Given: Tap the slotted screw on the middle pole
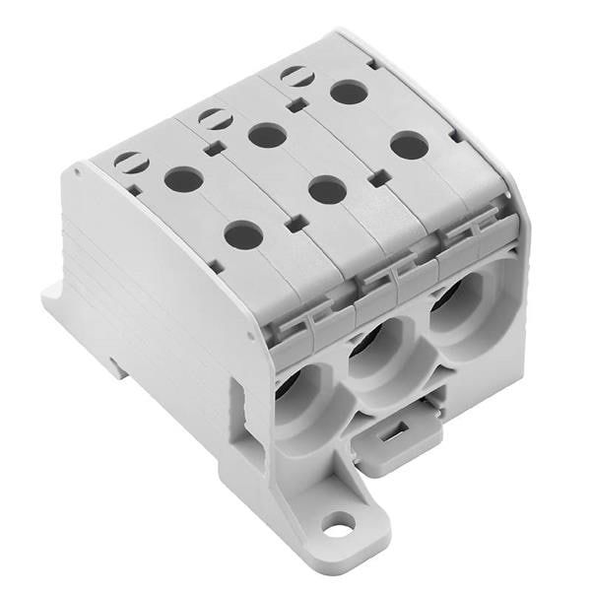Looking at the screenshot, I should (x=215, y=119).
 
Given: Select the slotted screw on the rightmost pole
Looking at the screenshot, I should (x=296, y=76).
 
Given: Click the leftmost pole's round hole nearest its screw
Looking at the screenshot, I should (x=183, y=179).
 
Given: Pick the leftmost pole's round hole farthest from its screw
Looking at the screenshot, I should (x=243, y=234).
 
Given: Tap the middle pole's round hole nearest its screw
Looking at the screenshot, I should (x=267, y=135).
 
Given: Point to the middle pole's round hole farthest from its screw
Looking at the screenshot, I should (x=327, y=189).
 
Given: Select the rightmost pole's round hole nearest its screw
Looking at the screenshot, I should (x=349, y=93).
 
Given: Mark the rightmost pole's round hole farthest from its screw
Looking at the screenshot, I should (x=409, y=146).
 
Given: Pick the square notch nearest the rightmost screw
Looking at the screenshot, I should (x=375, y=178).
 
